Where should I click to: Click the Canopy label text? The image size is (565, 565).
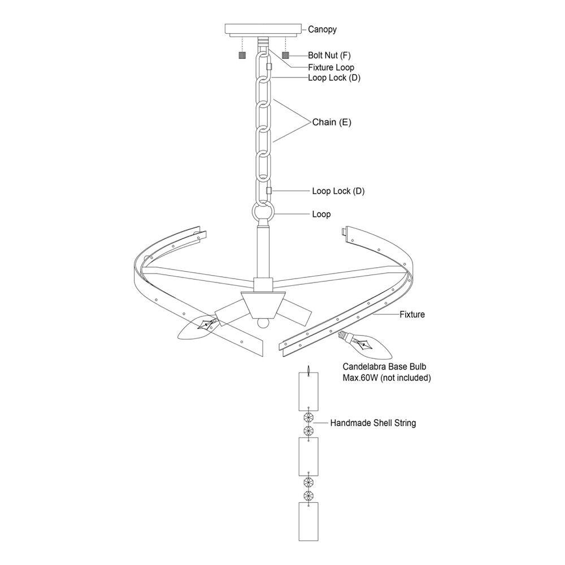click(322, 29)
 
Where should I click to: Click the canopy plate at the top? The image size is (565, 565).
click(264, 29)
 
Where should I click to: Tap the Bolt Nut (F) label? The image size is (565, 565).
click(329, 55)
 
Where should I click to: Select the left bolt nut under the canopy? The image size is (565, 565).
click(242, 55)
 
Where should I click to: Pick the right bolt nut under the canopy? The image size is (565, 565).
click(286, 55)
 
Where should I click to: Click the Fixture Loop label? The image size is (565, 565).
click(331, 67)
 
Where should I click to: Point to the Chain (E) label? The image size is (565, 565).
click(332, 122)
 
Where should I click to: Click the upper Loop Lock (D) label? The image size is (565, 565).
click(334, 78)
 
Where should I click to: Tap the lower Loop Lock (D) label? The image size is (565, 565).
click(338, 191)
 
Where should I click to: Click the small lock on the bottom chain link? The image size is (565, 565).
click(268, 190)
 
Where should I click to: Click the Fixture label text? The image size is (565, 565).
click(412, 315)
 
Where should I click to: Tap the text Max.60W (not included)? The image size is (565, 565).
click(386, 378)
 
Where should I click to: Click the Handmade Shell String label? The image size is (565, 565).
click(373, 423)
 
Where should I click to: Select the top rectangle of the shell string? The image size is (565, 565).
click(308, 392)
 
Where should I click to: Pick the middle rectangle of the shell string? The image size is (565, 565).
click(308, 457)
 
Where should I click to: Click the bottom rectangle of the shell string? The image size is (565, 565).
click(308, 521)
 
